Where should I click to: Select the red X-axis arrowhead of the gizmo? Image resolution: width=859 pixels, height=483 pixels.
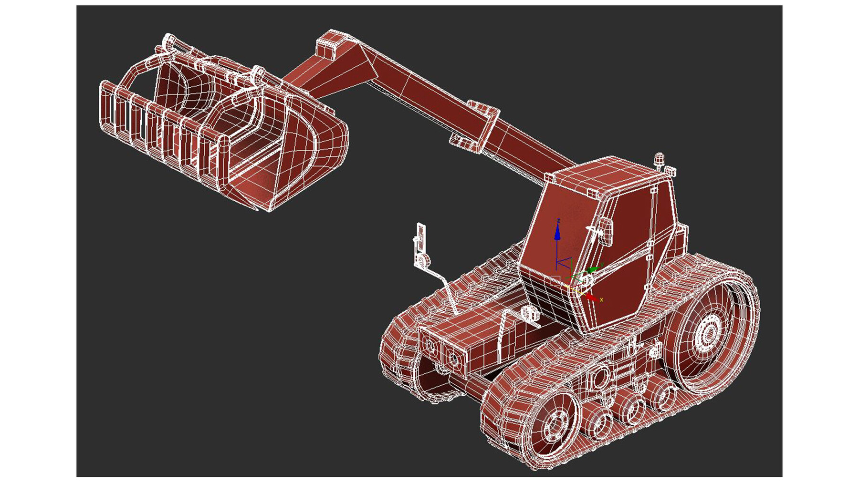pos(592,297)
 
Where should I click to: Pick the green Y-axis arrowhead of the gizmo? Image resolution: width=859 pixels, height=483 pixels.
pos(593,270)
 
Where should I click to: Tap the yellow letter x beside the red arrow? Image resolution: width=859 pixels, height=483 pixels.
pos(602,300)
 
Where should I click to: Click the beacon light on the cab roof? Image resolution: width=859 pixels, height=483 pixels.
pos(659,159)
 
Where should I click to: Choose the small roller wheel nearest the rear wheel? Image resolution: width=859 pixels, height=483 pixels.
pos(664,394)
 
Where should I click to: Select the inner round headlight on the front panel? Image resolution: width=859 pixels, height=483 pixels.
pos(452,356)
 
